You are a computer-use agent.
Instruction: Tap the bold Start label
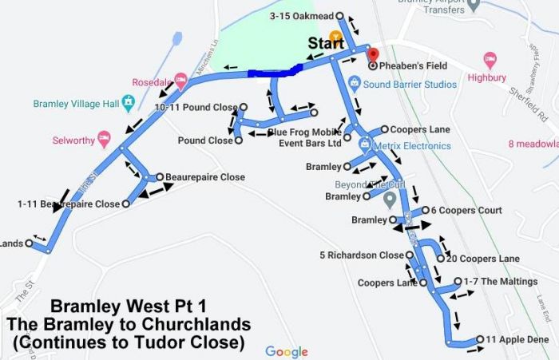326,42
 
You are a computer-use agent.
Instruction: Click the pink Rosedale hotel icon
181,80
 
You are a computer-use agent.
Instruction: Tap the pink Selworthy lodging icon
104,140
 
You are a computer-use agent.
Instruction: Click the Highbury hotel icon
490,60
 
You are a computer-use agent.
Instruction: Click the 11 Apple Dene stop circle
480,340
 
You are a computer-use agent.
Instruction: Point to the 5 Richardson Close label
362,255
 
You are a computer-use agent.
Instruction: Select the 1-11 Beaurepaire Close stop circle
126,204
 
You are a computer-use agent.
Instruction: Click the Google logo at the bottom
287,351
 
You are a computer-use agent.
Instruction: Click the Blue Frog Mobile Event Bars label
303,138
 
